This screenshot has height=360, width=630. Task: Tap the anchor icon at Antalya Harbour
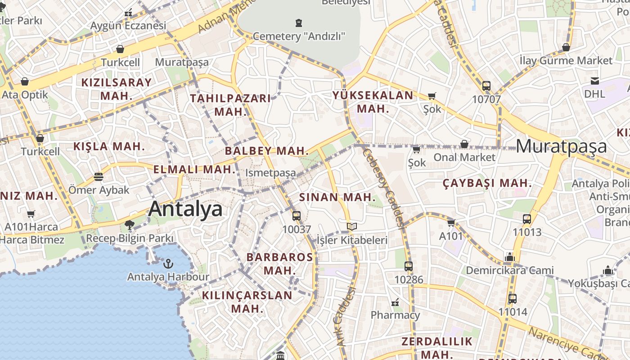click(x=168, y=263)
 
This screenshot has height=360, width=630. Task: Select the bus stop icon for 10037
click(x=296, y=216)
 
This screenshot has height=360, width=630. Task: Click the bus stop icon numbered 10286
click(x=409, y=266)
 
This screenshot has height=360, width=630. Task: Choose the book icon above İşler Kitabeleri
click(x=352, y=226)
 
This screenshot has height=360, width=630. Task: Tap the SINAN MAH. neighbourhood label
click(x=337, y=197)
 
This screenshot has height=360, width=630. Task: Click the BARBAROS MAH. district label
click(x=279, y=264)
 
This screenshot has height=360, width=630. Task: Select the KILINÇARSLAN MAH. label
click(x=247, y=302)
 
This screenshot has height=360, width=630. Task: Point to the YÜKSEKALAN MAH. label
click(x=373, y=102)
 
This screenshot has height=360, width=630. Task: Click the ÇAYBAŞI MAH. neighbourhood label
click(x=487, y=183)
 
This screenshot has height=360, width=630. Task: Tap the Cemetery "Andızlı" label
click(x=299, y=36)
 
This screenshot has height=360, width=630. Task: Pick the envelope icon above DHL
click(x=595, y=81)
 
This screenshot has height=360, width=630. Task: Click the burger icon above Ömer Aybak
click(x=99, y=177)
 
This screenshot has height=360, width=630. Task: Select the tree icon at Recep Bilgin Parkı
click(x=130, y=225)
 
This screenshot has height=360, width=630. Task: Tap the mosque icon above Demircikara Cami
click(x=509, y=257)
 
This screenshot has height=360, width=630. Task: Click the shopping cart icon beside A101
click(x=451, y=223)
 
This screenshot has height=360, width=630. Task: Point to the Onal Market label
click(x=464, y=157)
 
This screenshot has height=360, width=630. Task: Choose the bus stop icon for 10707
click(x=486, y=86)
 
